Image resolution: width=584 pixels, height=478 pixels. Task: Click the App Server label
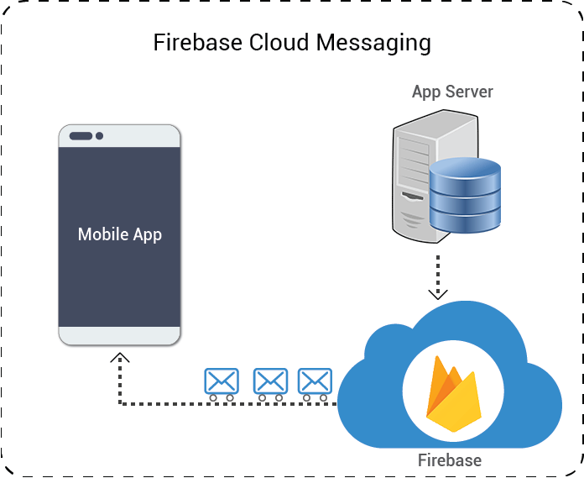click(452, 92)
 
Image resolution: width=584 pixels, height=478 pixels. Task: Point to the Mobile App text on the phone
click(120, 234)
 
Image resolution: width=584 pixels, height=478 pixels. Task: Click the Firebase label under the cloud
click(450, 460)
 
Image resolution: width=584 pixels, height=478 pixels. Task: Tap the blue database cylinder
click(465, 197)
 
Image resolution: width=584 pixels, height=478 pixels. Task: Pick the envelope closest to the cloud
click(315, 382)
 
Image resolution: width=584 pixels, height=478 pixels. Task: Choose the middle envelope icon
click(270, 382)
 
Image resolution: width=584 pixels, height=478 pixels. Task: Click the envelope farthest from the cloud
click(222, 382)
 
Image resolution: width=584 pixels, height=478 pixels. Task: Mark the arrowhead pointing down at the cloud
click(437, 294)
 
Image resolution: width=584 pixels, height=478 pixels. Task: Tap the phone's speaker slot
click(81, 136)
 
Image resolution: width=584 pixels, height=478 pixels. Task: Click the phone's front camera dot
click(100, 136)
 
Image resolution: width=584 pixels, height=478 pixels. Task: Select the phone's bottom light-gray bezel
click(120, 335)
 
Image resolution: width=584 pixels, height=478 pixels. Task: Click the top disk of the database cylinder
click(465, 168)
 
